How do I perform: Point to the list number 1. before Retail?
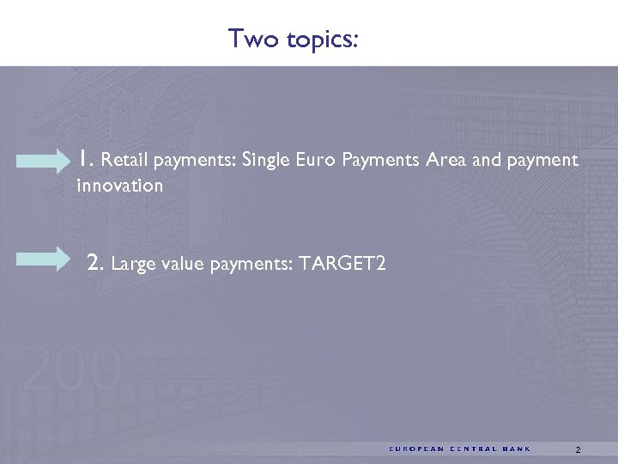(85, 158)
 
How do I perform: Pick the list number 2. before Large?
(97, 263)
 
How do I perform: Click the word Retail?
(127, 160)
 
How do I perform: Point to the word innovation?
(119, 186)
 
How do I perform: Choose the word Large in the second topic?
(132, 265)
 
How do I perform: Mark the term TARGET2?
(342, 265)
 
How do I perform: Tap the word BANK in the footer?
(518, 449)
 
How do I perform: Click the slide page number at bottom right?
(579, 449)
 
